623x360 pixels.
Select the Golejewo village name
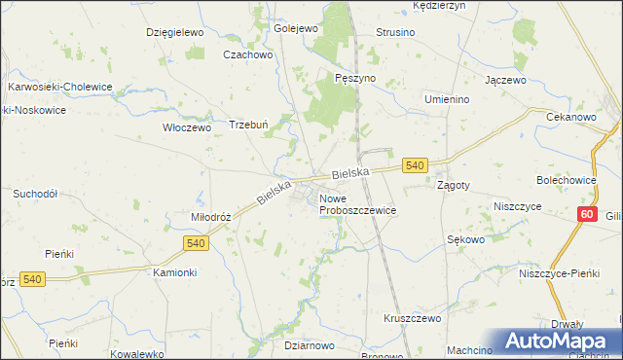coord(296,29)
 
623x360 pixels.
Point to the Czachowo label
coord(245,54)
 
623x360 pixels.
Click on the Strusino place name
coord(395,32)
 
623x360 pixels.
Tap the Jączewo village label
coord(505,79)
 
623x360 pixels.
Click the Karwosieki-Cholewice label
coord(60,87)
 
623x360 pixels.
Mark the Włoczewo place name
coord(186,127)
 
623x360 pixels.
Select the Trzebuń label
coord(248,125)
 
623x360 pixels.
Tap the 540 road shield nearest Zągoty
coord(415,166)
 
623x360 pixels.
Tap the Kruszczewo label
coord(412,318)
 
